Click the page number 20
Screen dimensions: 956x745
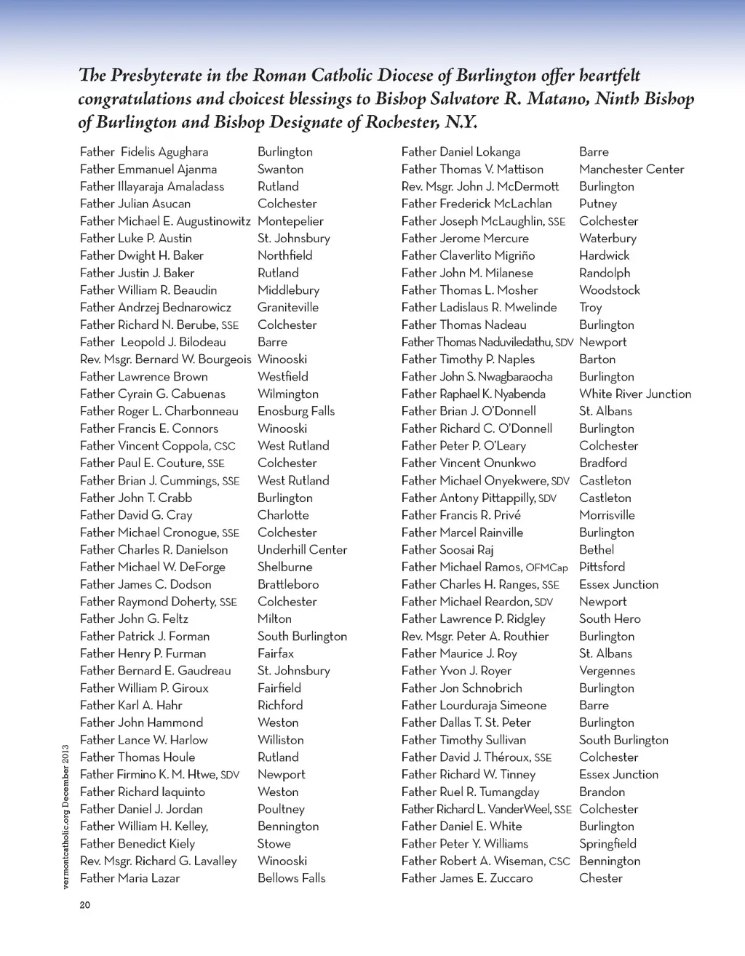pos(85,905)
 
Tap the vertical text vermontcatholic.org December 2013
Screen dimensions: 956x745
pos(65,816)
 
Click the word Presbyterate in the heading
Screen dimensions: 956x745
pos(154,76)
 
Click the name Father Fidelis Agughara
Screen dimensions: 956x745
pos(144,152)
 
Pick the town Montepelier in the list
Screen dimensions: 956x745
pos(290,221)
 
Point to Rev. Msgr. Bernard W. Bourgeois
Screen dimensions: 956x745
pos(165,359)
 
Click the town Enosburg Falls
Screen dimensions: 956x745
pos(296,411)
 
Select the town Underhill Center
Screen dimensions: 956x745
pos(302,550)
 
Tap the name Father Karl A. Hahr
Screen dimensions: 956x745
pos(131,705)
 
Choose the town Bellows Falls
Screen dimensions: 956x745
pos(291,878)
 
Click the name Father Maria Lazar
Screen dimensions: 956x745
pos(130,878)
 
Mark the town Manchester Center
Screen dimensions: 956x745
pos(632,170)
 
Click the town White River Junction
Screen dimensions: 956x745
pos(635,394)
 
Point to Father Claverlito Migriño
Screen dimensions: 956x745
pos(468,256)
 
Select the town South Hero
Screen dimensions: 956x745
pos(610,619)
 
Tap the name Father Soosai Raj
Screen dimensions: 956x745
pos(447,550)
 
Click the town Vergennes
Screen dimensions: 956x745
pos(607,671)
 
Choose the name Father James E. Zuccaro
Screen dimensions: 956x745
pos(467,878)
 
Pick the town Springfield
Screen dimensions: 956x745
pos(607,844)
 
